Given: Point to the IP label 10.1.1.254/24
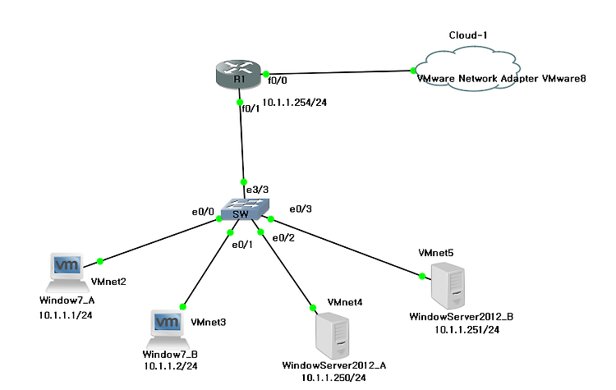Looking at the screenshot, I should point(291,104).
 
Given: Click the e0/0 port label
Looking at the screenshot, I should point(203,212).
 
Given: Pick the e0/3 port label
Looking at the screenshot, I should point(301,209).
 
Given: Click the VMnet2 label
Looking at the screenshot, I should point(108,282).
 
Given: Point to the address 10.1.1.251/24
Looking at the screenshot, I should point(467,329).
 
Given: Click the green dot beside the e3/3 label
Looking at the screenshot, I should point(243,181).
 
